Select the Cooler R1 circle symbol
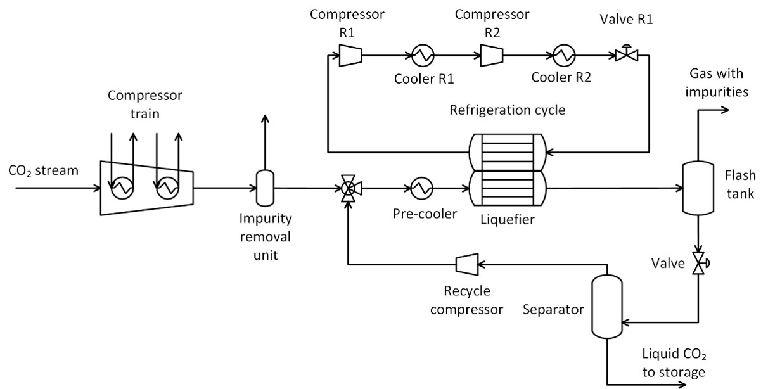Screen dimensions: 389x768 (x=423, y=56)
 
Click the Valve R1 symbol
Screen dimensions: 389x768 (x=625, y=56)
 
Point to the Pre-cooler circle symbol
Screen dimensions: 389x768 (x=421, y=188)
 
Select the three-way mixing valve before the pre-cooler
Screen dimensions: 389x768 (x=347, y=188)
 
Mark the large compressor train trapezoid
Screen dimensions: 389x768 (x=146, y=188)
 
